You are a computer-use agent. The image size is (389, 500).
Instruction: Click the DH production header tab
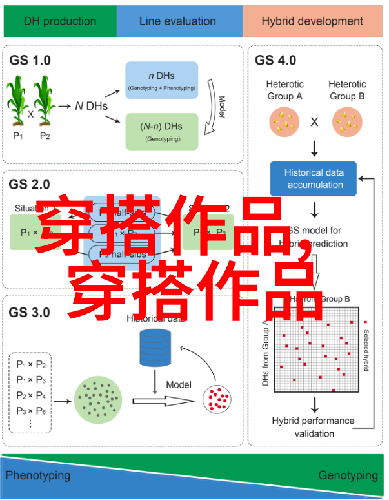(x=60, y=21)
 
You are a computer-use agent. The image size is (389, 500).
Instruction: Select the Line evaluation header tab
(x=179, y=21)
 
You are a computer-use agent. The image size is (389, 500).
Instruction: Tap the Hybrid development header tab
(x=312, y=21)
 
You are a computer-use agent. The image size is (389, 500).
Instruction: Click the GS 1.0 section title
(x=30, y=60)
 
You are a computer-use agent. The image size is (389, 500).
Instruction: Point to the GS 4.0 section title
(x=275, y=60)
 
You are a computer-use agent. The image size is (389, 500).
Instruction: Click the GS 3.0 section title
(x=30, y=312)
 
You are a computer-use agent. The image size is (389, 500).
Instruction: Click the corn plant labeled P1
(x=18, y=101)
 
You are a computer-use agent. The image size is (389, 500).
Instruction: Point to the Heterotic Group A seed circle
(x=284, y=121)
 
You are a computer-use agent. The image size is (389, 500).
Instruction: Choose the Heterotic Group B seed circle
(x=347, y=121)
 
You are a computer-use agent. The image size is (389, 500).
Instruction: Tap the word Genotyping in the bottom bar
(x=348, y=475)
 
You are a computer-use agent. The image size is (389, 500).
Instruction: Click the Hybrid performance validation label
(x=314, y=427)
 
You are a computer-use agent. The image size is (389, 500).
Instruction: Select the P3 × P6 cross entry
(x=31, y=410)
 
